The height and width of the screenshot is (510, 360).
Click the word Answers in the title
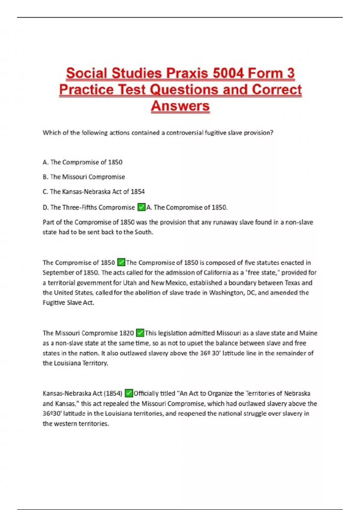[180, 106]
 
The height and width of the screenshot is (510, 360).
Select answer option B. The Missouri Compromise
[84, 177]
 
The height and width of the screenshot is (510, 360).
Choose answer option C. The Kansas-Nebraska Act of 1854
[94, 191]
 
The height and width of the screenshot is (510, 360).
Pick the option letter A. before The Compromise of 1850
[46, 162]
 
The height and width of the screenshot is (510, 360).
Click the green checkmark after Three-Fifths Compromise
[141, 207]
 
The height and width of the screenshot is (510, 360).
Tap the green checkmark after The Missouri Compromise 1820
[140, 333]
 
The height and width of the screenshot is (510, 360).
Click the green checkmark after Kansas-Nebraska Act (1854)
[129, 393]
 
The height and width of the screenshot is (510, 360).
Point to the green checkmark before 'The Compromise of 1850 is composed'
[121, 262]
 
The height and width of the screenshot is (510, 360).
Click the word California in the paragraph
[218, 273]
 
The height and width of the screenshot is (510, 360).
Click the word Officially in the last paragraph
[146, 393]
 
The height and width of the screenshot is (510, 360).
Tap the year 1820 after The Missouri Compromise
[127, 333]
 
